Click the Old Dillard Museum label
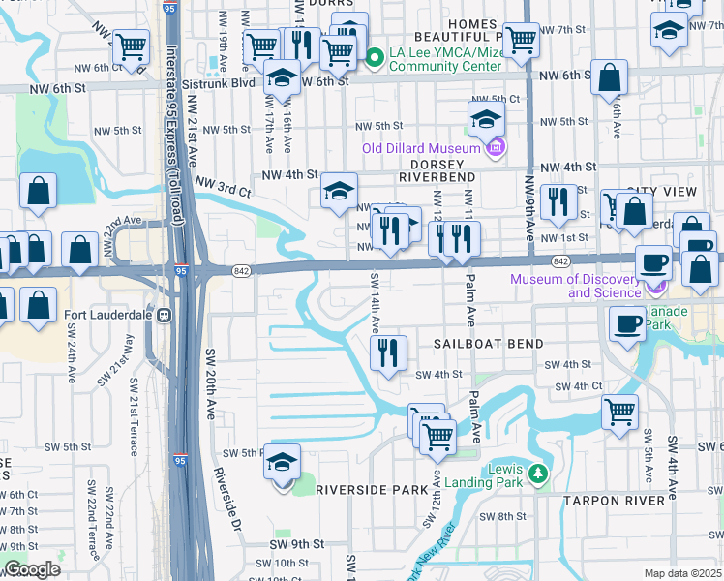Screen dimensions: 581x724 pyautogui.click(x=420, y=148)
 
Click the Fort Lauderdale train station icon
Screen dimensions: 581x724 pyautogui.click(x=165, y=315)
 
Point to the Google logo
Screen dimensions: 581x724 pyautogui.click(x=31, y=569)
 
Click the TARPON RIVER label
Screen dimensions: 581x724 pyautogui.click(x=615, y=500)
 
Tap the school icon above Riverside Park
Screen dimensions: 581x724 pyautogui.click(x=282, y=463)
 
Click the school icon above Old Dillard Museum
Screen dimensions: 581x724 pyautogui.click(x=487, y=119)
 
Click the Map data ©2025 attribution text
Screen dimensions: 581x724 pyautogui.click(x=681, y=572)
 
